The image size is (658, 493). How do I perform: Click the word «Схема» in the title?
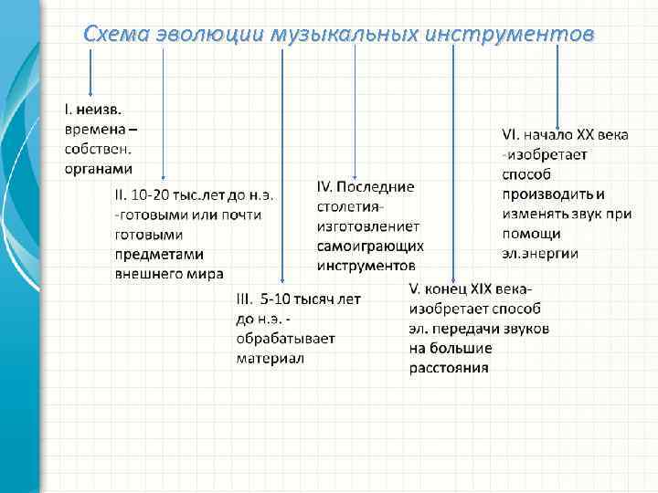click(112, 34)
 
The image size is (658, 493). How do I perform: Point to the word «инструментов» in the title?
click(515, 34)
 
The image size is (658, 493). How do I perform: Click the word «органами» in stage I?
click(98, 168)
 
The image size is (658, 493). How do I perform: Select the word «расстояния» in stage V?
click(449, 369)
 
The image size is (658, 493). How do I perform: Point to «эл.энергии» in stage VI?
click(540, 253)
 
